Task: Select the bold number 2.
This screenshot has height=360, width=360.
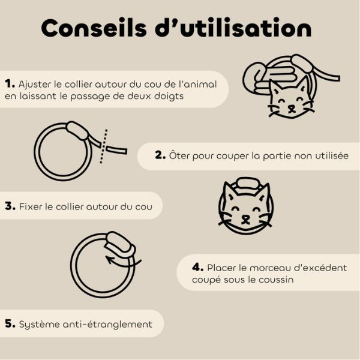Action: [160, 155]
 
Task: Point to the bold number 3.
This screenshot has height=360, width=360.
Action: [10, 206]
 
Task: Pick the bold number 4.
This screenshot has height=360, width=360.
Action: [198, 267]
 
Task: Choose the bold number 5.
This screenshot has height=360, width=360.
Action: [10, 323]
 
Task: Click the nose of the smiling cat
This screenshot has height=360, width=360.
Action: [245, 217]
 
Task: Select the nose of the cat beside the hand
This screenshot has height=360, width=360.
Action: [291, 107]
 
